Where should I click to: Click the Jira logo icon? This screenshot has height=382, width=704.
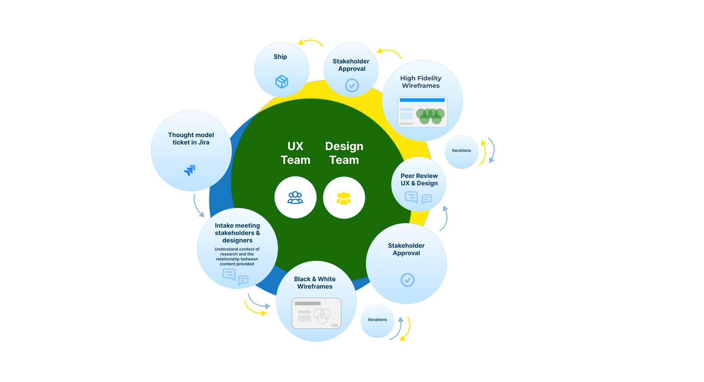[190, 170]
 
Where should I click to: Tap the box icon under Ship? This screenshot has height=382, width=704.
[282, 82]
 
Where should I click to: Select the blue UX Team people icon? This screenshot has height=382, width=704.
[295, 198]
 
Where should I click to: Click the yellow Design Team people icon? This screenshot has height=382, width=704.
[344, 198]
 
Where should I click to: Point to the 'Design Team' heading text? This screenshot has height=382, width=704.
[344, 153]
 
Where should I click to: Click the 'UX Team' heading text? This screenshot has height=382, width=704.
[296, 153]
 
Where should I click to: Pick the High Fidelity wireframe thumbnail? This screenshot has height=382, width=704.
[422, 112]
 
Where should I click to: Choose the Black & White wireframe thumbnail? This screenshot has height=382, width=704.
[316, 313]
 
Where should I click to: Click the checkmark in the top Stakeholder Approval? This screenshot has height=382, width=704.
[352, 86]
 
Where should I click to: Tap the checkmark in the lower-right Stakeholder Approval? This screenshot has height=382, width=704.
[407, 280]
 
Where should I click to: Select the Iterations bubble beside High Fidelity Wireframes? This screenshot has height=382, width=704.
[461, 151]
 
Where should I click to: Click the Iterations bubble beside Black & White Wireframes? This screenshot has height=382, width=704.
[377, 320]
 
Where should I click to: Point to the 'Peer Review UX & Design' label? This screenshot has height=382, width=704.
[419, 180]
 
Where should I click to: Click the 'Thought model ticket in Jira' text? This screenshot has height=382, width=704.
[191, 139]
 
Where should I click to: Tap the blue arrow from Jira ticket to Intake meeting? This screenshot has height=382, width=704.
[198, 206]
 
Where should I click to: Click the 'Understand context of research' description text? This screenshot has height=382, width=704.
[237, 256]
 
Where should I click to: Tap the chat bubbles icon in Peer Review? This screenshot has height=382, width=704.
[418, 198]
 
